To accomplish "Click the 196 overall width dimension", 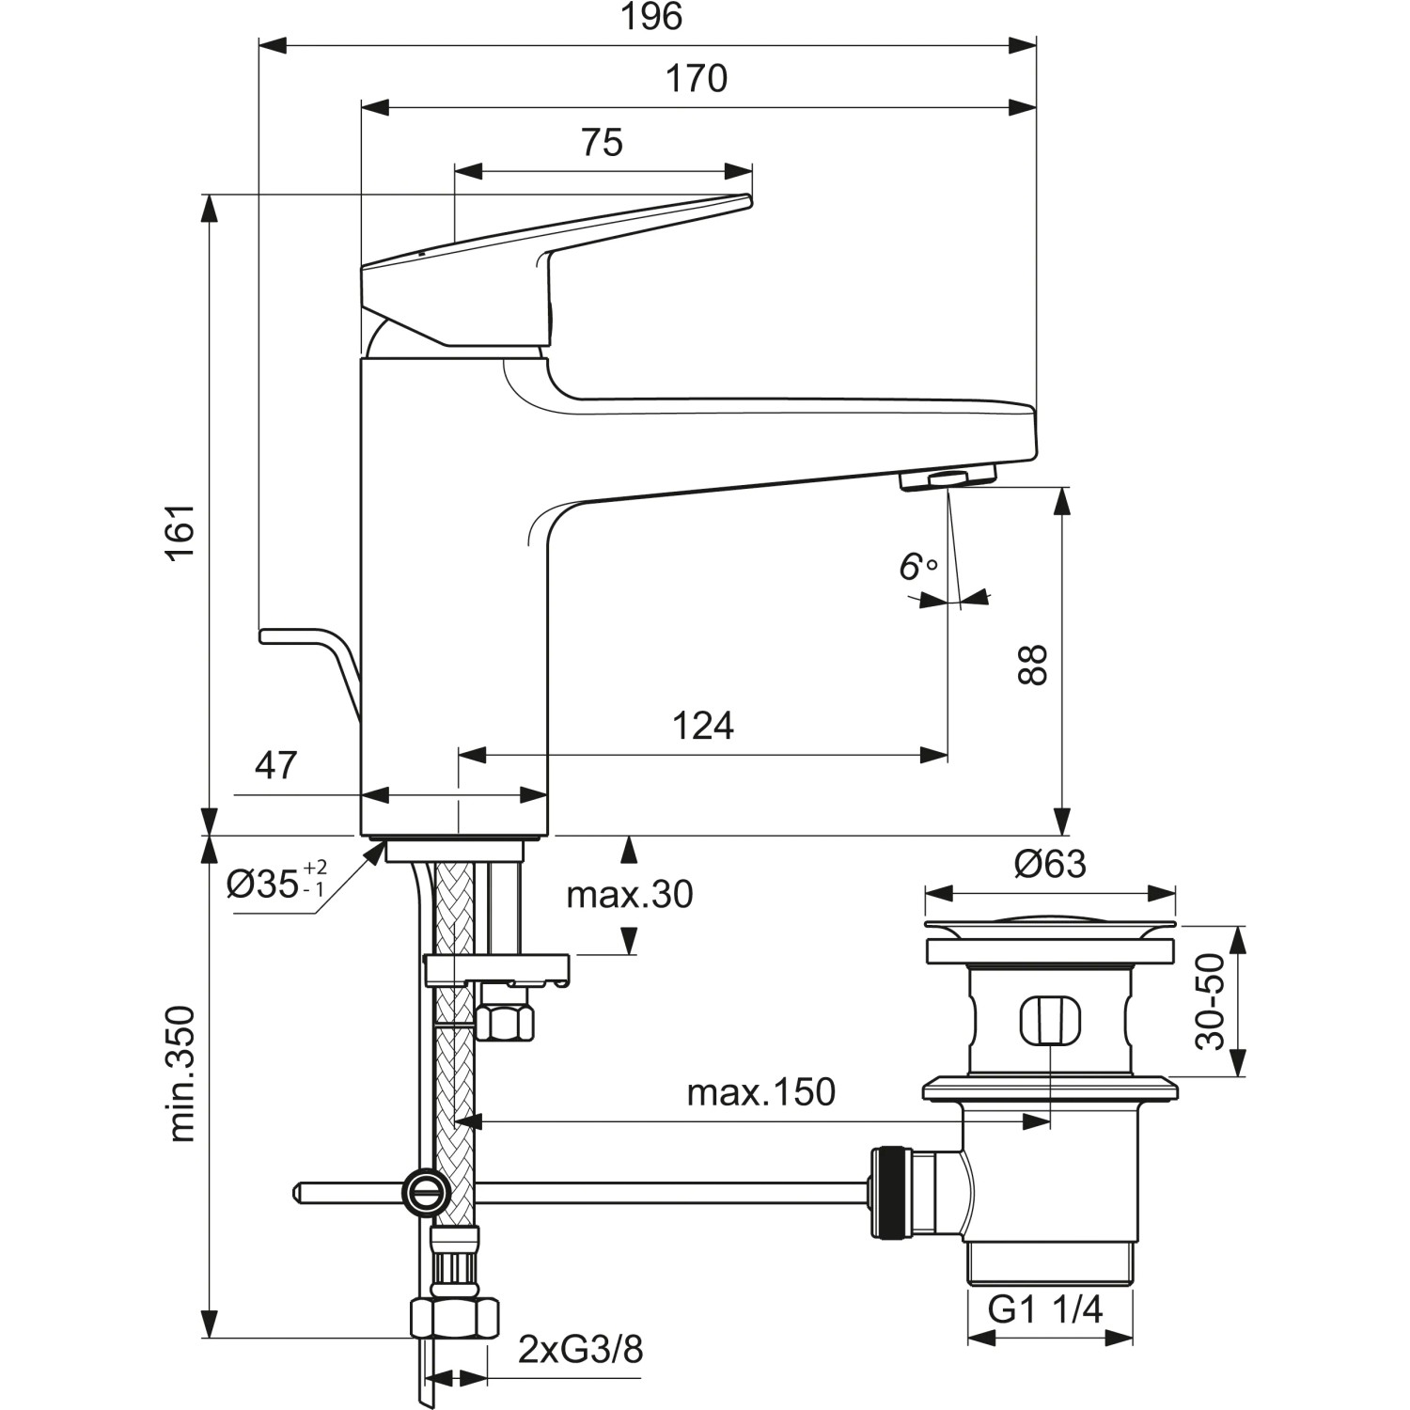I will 650,18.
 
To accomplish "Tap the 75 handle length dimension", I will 602,143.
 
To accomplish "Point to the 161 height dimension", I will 180,531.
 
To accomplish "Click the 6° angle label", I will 917,567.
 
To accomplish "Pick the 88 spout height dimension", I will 1033,665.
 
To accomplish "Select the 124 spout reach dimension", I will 702,726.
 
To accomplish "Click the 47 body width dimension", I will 276,765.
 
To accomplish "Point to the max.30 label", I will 629,895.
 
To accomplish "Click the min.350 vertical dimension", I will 180,1073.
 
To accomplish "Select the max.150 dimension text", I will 760,1092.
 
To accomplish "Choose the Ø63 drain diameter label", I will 1050,864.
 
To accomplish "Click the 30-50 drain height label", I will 1212,1002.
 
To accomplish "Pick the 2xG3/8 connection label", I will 581,1350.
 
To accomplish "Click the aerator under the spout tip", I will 948,479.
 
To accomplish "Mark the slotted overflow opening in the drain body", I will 1050,1020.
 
